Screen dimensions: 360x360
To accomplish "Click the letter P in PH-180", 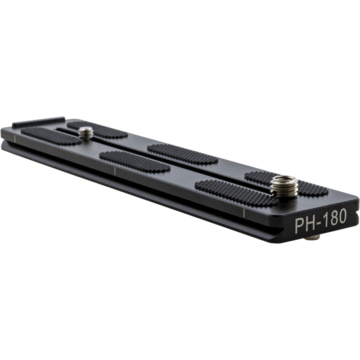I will (x=300, y=223).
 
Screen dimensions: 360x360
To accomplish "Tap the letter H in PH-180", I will (x=311, y=222).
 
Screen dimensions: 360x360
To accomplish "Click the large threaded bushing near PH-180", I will (x=284, y=185).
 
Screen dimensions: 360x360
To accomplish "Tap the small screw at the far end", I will (x=86, y=132).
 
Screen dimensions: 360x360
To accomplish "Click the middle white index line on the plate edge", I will (x=115, y=173).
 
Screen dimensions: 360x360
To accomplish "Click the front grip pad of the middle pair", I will (x=135, y=162).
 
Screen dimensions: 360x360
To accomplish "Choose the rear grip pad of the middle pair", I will (x=182, y=153).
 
